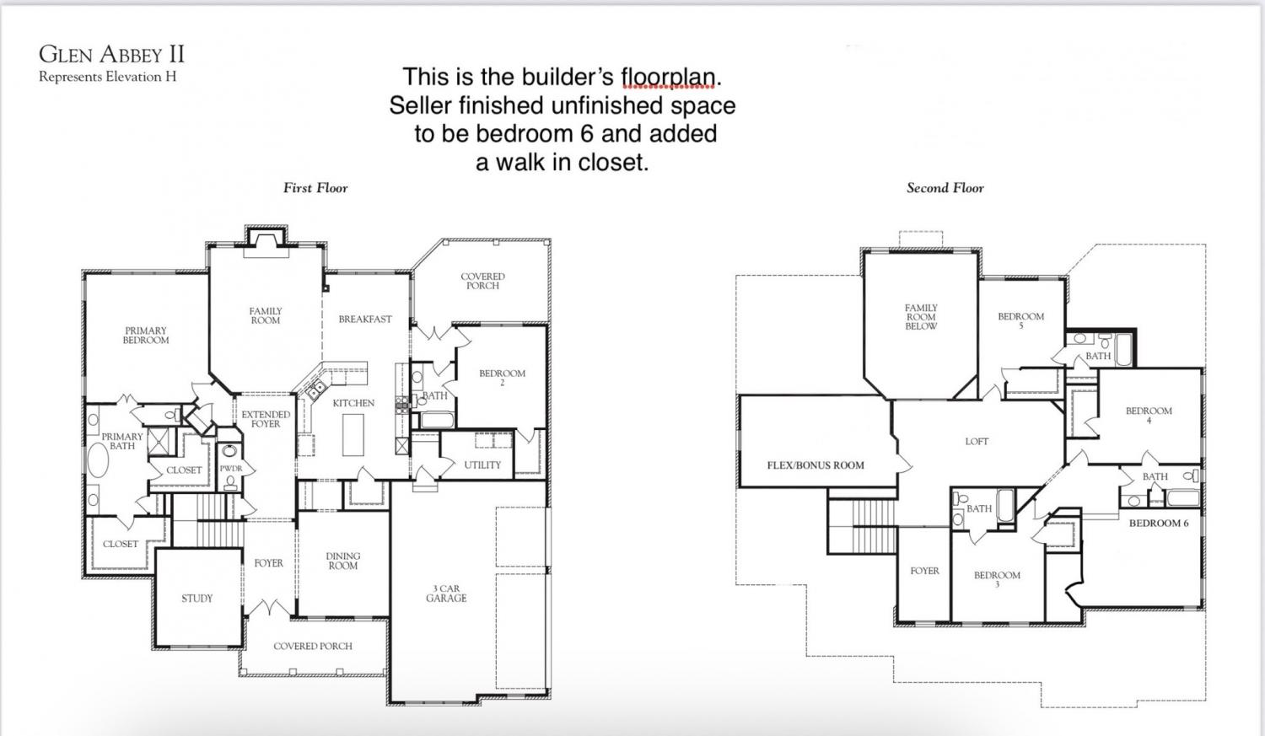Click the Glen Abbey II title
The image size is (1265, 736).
(x=112, y=54)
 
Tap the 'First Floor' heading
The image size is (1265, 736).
(x=315, y=188)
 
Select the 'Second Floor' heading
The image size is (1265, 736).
(x=945, y=188)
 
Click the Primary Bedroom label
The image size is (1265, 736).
(x=146, y=336)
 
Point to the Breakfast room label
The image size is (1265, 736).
(x=365, y=319)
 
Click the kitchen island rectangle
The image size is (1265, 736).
(x=353, y=434)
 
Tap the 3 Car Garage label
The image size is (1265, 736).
(x=446, y=594)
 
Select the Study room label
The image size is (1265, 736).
(x=197, y=599)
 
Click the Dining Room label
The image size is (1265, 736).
(x=342, y=561)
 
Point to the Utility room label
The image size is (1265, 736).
(x=482, y=465)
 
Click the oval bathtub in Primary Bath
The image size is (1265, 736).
(x=98, y=460)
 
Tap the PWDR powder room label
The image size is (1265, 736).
(x=230, y=469)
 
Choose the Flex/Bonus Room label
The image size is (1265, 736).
(x=816, y=465)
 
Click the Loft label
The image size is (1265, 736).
(x=977, y=442)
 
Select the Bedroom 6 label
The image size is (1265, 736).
(x=1159, y=524)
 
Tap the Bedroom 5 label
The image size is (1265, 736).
(x=1021, y=320)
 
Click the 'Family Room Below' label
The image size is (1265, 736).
(x=921, y=317)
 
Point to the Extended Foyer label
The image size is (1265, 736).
(x=266, y=419)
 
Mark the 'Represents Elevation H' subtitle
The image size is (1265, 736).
(x=107, y=77)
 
